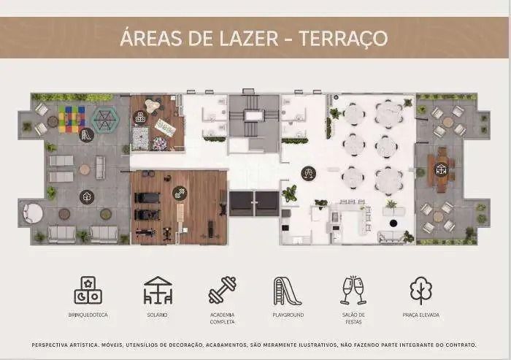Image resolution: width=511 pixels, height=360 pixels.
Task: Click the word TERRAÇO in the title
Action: click(343, 39)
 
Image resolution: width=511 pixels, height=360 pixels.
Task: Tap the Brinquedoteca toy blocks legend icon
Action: click(88, 290)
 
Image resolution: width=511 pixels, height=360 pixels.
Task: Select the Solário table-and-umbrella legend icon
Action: click(158, 290)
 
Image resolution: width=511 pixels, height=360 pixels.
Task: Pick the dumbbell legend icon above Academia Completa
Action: click(223, 290)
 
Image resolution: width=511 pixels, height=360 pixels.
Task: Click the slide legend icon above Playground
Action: click(287, 291)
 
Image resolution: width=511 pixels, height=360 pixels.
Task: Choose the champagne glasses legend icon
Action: click(353, 290)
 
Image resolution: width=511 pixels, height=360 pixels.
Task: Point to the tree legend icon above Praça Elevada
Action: click(420, 291)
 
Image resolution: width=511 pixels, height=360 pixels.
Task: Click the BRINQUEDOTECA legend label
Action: click(88, 315)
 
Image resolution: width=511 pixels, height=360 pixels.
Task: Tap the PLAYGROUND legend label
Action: click(288, 315)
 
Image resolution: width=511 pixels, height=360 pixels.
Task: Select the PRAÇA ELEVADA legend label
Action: click(421, 315)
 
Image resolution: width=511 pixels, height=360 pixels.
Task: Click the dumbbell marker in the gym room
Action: click(180, 194)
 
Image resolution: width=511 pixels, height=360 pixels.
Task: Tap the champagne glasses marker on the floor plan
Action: click(308, 173)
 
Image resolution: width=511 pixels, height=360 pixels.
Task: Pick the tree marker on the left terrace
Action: click(87, 197)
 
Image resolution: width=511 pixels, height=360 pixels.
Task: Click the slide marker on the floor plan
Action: click(87, 134)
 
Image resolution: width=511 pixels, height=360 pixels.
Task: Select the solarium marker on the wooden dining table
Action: click(441, 169)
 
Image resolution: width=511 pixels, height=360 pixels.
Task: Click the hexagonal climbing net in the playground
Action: click(105, 120)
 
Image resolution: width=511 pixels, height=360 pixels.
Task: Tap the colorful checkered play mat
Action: click(72, 119)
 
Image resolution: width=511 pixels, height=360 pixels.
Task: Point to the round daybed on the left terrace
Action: click(33, 213)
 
